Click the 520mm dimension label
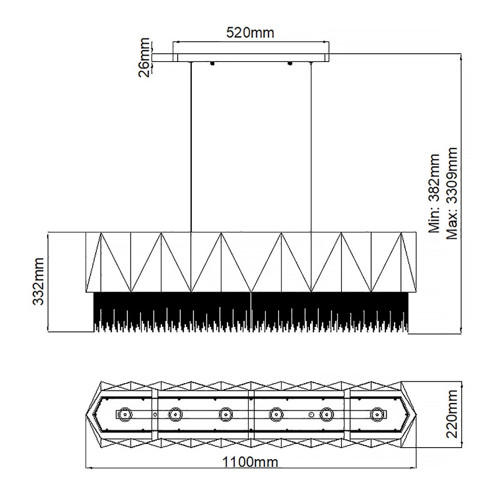250,32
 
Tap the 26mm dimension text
144,57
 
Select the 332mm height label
39,281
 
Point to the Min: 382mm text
434,194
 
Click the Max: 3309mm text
451,193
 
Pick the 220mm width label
452,414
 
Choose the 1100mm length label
250,462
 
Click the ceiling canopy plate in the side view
241,58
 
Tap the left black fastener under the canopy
212,63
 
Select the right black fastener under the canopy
290,63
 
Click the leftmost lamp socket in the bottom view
125,414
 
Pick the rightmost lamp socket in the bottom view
376,414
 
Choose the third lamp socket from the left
226,414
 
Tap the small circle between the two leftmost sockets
155,414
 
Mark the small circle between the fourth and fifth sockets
311,414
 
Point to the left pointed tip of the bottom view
86,415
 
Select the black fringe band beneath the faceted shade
251,311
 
